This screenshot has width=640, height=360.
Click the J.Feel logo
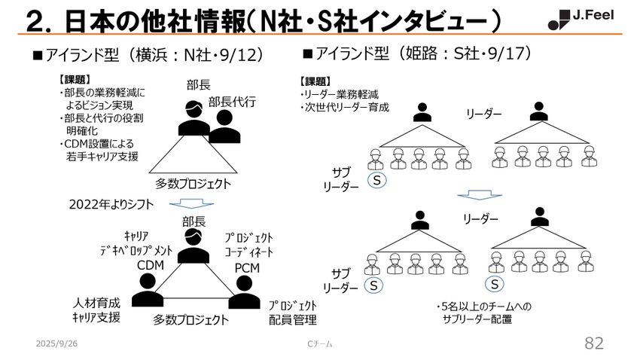tap(581, 20)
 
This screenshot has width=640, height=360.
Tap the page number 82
tap(594, 343)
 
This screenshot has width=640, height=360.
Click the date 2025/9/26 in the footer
tap(56, 343)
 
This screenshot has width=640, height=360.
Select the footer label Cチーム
tap(319, 344)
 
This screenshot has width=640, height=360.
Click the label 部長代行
tap(232, 102)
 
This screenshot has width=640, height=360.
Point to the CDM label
tap(150, 265)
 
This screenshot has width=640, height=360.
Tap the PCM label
tap(247, 268)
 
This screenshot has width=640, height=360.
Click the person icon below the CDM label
tap(148, 290)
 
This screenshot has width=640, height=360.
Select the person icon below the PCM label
tap(244, 292)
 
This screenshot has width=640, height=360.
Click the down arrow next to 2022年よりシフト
tap(191, 203)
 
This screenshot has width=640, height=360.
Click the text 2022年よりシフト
tap(111, 204)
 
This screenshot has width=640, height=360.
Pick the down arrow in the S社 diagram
tap(480, 194)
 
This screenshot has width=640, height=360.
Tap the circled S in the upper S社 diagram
tap(376, 180)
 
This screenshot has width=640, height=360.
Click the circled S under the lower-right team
tap(494, 284)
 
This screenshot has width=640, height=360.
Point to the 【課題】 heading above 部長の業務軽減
tap(75, 80)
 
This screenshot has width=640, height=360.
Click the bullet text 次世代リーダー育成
tap(345, 108)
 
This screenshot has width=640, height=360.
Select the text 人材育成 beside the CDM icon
tap(96, 303)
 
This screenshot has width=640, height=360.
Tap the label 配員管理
tap(293, 319)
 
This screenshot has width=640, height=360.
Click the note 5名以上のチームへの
tap(483, 307)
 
